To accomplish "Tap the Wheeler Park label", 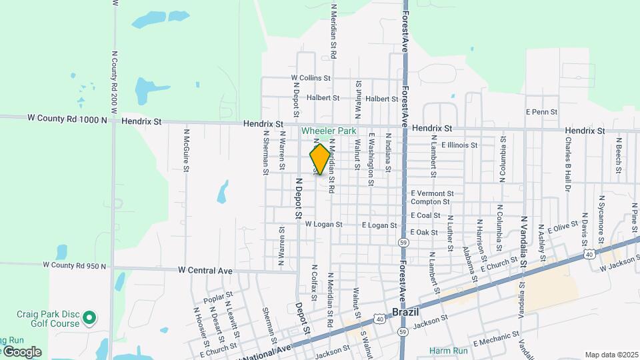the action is click(329, 131).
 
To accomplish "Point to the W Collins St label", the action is click(310, 78).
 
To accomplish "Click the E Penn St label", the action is click(541, 112).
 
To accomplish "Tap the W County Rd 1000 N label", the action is click(67, 119).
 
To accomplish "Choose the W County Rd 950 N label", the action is click(75, 265).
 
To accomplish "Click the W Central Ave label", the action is click(205, 271).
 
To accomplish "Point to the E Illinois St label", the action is click(459, 145).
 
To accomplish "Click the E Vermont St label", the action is click(432, 193).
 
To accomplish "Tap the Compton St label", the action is click(425, 202).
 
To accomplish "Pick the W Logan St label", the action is click(323, 225).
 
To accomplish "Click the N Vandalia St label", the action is click(525, 241).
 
